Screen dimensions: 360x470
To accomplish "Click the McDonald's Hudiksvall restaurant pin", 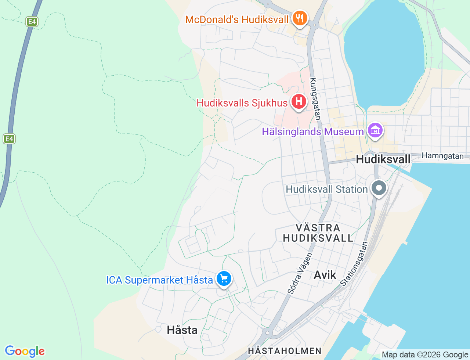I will pos(300,18).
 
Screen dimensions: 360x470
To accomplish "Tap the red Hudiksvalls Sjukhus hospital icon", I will pos(299,101).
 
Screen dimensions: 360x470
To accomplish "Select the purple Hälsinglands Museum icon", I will pos(375,130).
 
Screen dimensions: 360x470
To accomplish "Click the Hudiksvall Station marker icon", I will pos(379,188).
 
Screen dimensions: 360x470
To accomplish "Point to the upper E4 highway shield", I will pos(32,22).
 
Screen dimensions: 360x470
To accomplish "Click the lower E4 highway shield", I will pos(9,139).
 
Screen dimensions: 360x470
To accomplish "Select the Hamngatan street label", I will pos(442,156).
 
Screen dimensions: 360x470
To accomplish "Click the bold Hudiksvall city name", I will pos(383,159).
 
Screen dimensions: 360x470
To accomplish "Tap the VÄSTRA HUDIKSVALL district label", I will pos(318,233).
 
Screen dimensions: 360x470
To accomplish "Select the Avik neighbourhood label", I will pos(325,275).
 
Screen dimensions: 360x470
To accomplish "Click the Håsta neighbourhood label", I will pos(182,330).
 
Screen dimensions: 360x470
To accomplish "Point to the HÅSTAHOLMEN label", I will pos(285,351).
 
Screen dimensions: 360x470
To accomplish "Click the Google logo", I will pos(25,351).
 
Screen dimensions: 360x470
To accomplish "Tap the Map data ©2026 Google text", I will pos(424,354).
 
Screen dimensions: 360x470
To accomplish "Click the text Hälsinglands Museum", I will pos(312,131).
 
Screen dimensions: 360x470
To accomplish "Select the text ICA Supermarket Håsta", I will pos(159,280).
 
